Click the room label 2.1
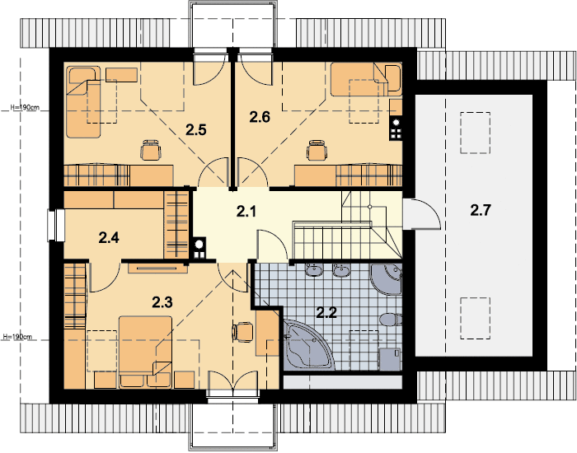click(x=246, y=212)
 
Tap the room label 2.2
click(x=326, y=312)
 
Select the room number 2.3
click(x=162, y=302)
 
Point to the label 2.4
click(x=109, y=238)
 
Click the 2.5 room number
click(x=196, y=130)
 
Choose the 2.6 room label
click(x=260, y=117)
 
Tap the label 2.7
click(x=481, y=210)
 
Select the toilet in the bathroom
click(x=391, y=320)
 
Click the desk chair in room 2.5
click(x=151, y=150)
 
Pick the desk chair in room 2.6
click(x=317, y=150)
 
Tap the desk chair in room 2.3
click(x=243, y=332)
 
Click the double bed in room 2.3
click(x=145, y=351)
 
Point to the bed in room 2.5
click(x=83, y=102)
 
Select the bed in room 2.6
click(x=366, y=79)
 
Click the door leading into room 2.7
click(x=421, y=214)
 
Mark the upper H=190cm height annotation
click(x=24, y=108)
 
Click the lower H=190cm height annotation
click(x=17, y=336)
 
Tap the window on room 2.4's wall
click(x=56, y=226)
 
